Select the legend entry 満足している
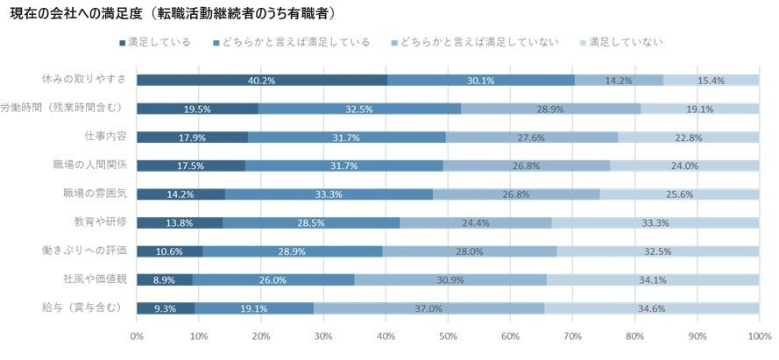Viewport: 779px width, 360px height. tap(159, 42)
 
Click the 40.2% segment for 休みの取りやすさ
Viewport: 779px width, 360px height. tap(262, 81)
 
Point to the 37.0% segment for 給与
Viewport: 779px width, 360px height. tap(428, 308)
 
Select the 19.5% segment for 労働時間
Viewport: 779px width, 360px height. tap(197, 109)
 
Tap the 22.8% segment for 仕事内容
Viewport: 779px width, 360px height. tap(688, 138)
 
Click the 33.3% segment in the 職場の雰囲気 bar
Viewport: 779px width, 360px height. tap(329, 194)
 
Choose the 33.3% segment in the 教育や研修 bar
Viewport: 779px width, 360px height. tap(655, 223)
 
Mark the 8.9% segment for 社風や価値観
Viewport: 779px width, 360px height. tap(165, 280)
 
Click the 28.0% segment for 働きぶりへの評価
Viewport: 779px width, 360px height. tap(470, 251)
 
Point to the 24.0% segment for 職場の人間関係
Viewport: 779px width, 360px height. tap(683, 166)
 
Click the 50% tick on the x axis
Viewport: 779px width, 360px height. tap(448, 335)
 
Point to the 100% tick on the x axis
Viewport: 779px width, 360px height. tap(758, 335)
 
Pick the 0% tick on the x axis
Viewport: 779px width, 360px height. tap(138, 335)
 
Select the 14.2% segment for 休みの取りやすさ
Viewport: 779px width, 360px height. tap(619, 81)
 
